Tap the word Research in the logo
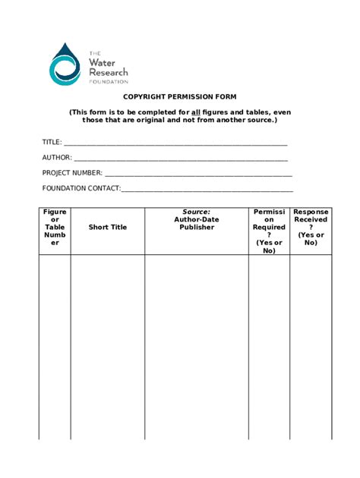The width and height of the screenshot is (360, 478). [109, 71]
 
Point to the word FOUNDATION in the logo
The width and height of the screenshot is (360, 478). [109, 80]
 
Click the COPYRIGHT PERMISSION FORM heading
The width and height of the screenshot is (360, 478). [180, 97]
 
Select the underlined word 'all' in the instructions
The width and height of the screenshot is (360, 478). [193, 112]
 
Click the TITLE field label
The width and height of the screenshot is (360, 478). [52, 142]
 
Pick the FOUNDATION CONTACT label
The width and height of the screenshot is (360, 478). [81, 188]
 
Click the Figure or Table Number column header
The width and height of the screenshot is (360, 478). [55, 227]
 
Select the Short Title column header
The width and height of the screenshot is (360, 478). [108, 227]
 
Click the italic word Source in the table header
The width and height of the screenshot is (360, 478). [197, 212]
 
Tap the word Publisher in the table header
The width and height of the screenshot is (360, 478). [197, 228]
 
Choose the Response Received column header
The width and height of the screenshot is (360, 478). [311, 227]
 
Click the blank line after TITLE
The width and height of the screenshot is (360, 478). [175, 143]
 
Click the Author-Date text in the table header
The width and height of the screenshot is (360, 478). [197, 219]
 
